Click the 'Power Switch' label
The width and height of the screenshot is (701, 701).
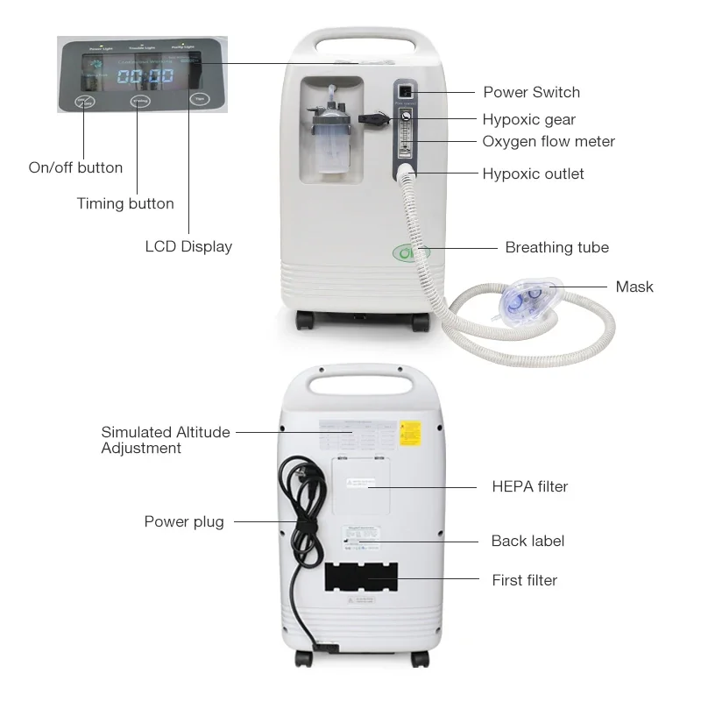(x=531, y=92)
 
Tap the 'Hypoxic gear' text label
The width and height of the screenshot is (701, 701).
(x=528, y=120)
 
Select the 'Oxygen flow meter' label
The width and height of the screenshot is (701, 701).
(x=549, y=141)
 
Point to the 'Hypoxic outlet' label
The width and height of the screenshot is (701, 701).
(x=533, y=173)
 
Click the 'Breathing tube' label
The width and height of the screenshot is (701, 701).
(x=556, y=247)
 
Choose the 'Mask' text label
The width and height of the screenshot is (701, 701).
(x=634, y=287)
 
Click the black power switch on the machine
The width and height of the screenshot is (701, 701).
(x=405, y=92)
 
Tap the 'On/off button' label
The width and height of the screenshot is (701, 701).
(x=75, y=167)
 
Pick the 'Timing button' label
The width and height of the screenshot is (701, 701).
(x=125, y=203)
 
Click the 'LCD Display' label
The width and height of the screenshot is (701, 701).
(x=188, y=246)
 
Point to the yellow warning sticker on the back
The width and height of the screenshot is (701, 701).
(x=408, y=433)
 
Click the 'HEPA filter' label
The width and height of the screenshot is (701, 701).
(x=529, y=486)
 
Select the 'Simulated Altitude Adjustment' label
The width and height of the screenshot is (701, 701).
(x=166, y=440)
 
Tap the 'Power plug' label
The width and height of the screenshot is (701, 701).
(x=184, y=521)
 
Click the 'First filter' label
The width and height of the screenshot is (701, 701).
(x=524, y=579)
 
